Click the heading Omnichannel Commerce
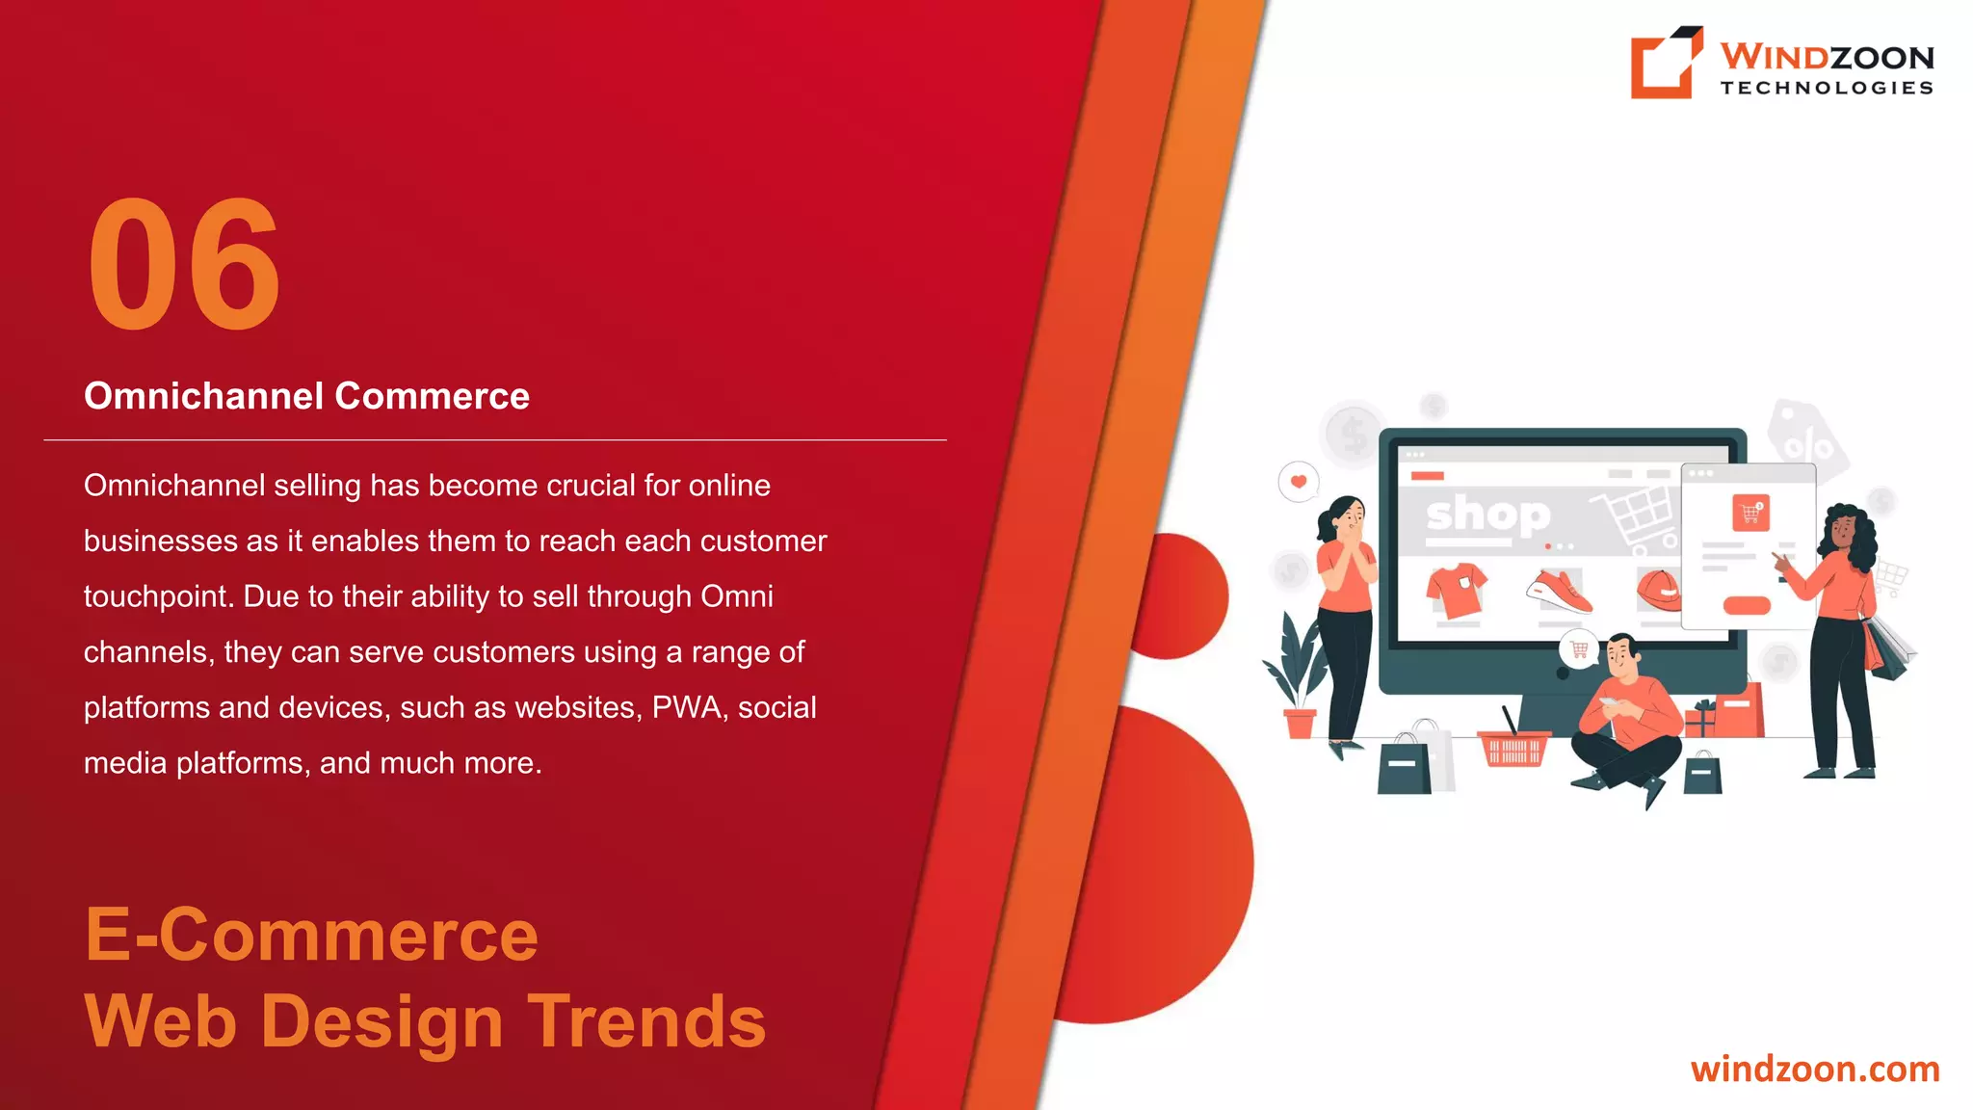[x=306, y=396]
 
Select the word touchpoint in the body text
[x=158, y=596]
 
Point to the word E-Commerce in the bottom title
[x=311, y=935]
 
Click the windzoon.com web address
[x=1814, y=1070]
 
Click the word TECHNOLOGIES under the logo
[x=1827, y=88]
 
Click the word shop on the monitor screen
[x=1488, y=515]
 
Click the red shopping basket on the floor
[x=1513, y=748]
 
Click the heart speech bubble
[x=1298, y=482]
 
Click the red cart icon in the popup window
[x=1750, y=513]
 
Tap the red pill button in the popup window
[x=1746, y=605]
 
